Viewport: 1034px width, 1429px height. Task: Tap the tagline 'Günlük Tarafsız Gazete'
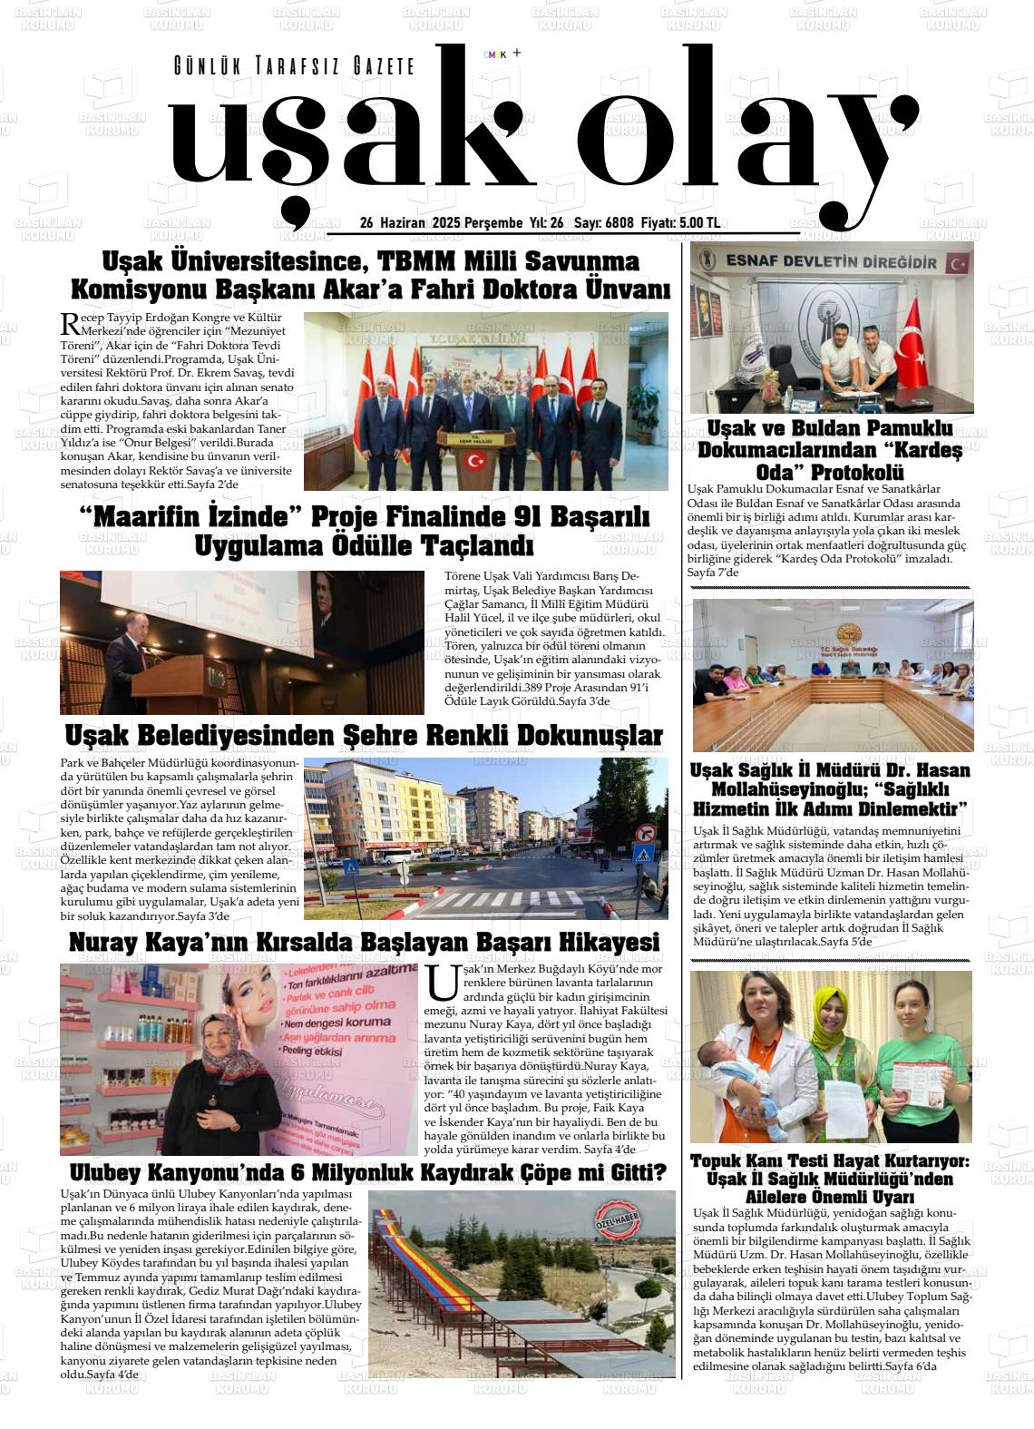(x=294, y=66)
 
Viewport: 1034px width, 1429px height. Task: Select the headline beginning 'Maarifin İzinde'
(x=365, y=531)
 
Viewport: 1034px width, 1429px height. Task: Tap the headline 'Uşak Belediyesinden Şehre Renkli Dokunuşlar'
(x=364, y=735)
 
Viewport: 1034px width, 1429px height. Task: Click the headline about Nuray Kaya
(x=364, y=943)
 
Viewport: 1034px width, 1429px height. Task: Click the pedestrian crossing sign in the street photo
(x=643, y=856)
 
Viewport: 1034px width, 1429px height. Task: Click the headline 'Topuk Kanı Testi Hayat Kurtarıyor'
(x=830, y=1161)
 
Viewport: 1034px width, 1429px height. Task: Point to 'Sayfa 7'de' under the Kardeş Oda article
(x=714, y=573)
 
